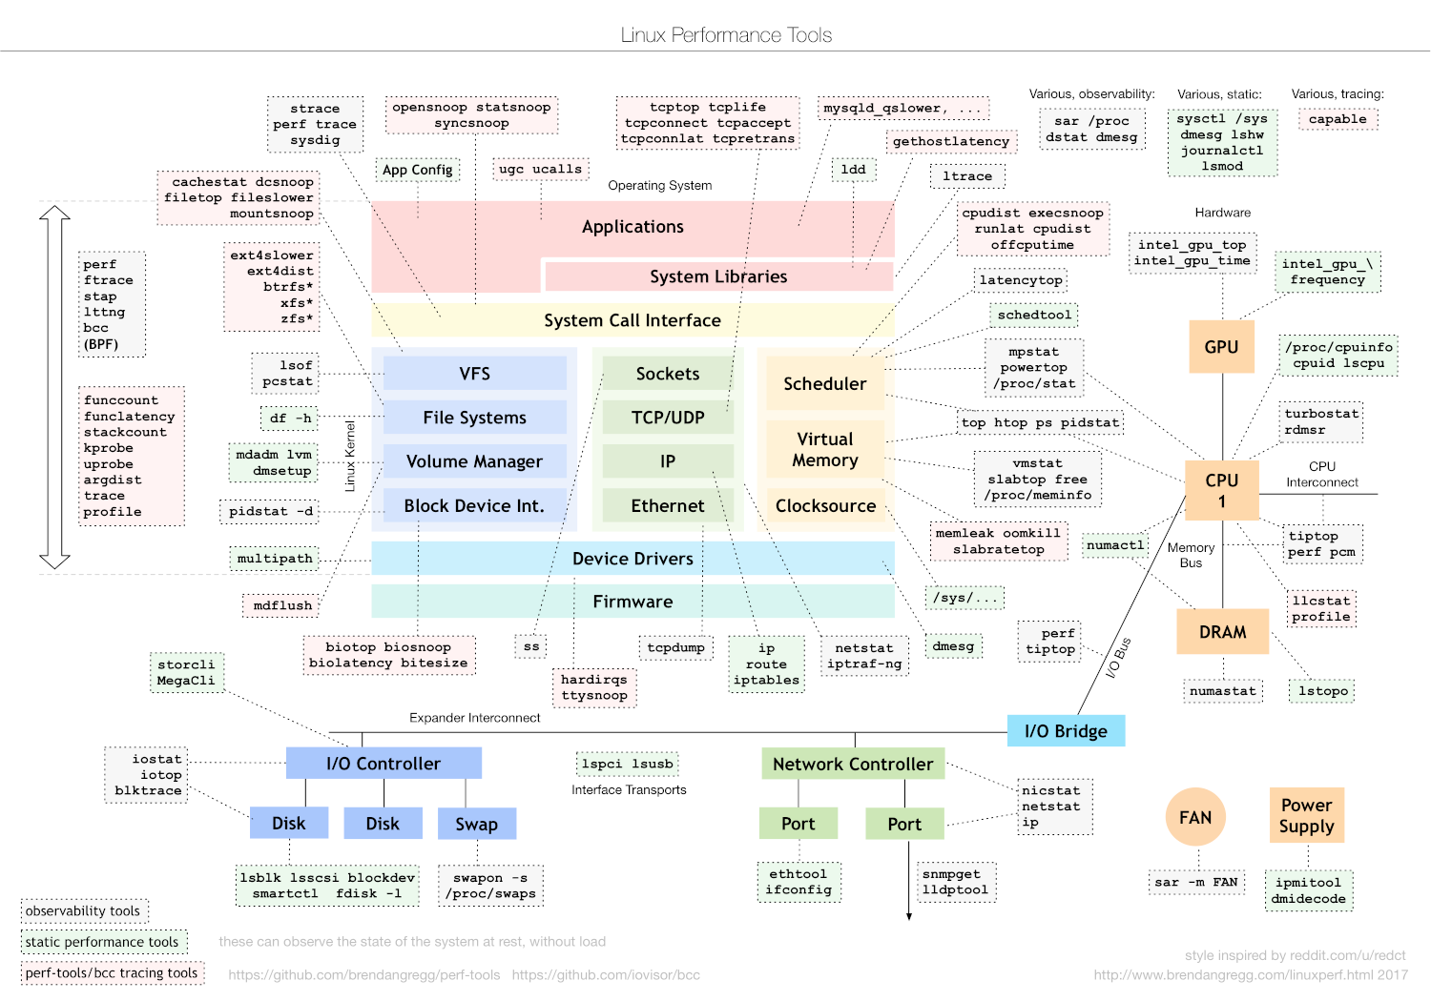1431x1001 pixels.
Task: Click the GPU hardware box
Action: [1221, 347]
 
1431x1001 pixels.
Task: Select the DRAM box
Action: [1222, 632]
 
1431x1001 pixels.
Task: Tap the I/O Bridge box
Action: [1066, 731]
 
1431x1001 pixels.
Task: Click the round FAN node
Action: [1195, 817]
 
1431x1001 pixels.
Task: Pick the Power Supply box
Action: [1306, 815]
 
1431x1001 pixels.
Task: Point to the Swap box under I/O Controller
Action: [476, 824]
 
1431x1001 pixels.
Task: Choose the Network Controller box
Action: [853, 764]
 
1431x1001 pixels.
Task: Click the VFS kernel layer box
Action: [474, 374]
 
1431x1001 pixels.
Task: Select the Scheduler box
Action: [824, 383]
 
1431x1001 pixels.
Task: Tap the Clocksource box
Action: [825, 505]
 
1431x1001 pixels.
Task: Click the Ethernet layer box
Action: [667, 505]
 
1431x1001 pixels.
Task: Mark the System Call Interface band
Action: [632, 320]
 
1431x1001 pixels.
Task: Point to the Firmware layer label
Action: [633, 602]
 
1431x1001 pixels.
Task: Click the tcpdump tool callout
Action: [675, 648]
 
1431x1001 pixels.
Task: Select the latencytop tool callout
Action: [1020, 280]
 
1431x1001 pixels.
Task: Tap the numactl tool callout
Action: [1115, 545]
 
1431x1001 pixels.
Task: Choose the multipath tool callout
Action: [275, 559]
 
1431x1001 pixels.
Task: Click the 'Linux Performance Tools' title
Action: [726, 35]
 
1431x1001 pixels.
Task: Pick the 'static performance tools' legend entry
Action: [102, 942]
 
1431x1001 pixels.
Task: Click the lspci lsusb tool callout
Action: [628, 764]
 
